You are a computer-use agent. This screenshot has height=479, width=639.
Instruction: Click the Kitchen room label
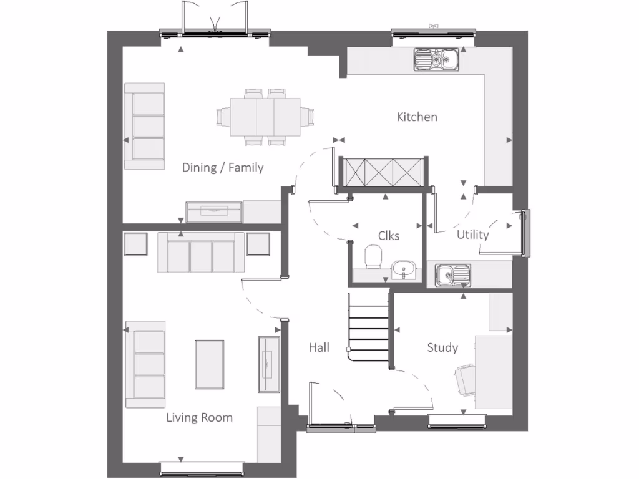417,117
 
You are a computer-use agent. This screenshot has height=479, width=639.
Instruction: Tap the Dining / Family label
223,167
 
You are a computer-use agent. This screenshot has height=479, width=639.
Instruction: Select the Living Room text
199,417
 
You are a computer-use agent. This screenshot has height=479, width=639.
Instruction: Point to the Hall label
319,347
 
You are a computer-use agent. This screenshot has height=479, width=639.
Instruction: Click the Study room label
442,347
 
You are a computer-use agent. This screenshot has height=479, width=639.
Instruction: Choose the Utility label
472,235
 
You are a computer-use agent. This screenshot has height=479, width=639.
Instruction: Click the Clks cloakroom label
389,236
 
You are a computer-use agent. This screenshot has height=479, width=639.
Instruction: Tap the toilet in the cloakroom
373,256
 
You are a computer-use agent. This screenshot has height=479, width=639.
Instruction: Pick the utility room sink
452,274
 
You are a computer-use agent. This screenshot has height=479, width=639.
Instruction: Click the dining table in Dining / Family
265,117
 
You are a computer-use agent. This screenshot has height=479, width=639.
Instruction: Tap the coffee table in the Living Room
209,364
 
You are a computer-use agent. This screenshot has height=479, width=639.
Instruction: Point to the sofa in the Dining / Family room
145,126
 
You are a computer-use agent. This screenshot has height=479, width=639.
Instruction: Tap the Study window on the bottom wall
457,422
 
